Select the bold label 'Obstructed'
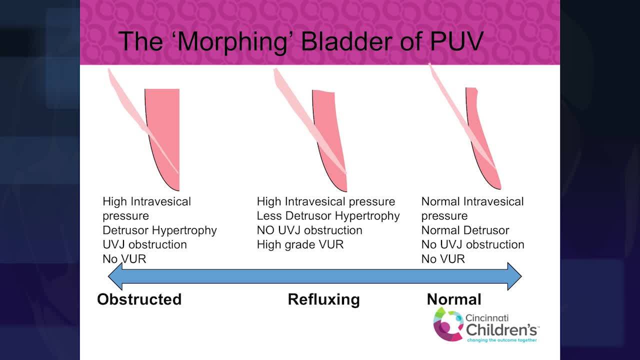[x=139, y=299]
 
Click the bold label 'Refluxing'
[x=323, y=299]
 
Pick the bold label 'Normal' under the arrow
[x=453, y=299]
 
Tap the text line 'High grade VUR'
[x=300, y=245]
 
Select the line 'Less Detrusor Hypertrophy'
[x=328, y=216]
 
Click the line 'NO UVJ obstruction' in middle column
[x=309, y=230]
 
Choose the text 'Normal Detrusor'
[x=465, y=230]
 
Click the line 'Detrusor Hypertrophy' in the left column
[x=159, y=230]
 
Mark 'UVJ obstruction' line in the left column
[x=144, y=245]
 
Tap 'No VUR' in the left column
[x=124, y=259]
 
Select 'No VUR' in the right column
[x=443, y=259]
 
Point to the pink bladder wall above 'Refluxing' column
[x=327, y=125]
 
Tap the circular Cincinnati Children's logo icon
[x=448, y=324]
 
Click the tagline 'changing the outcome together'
[x=502, y=340]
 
